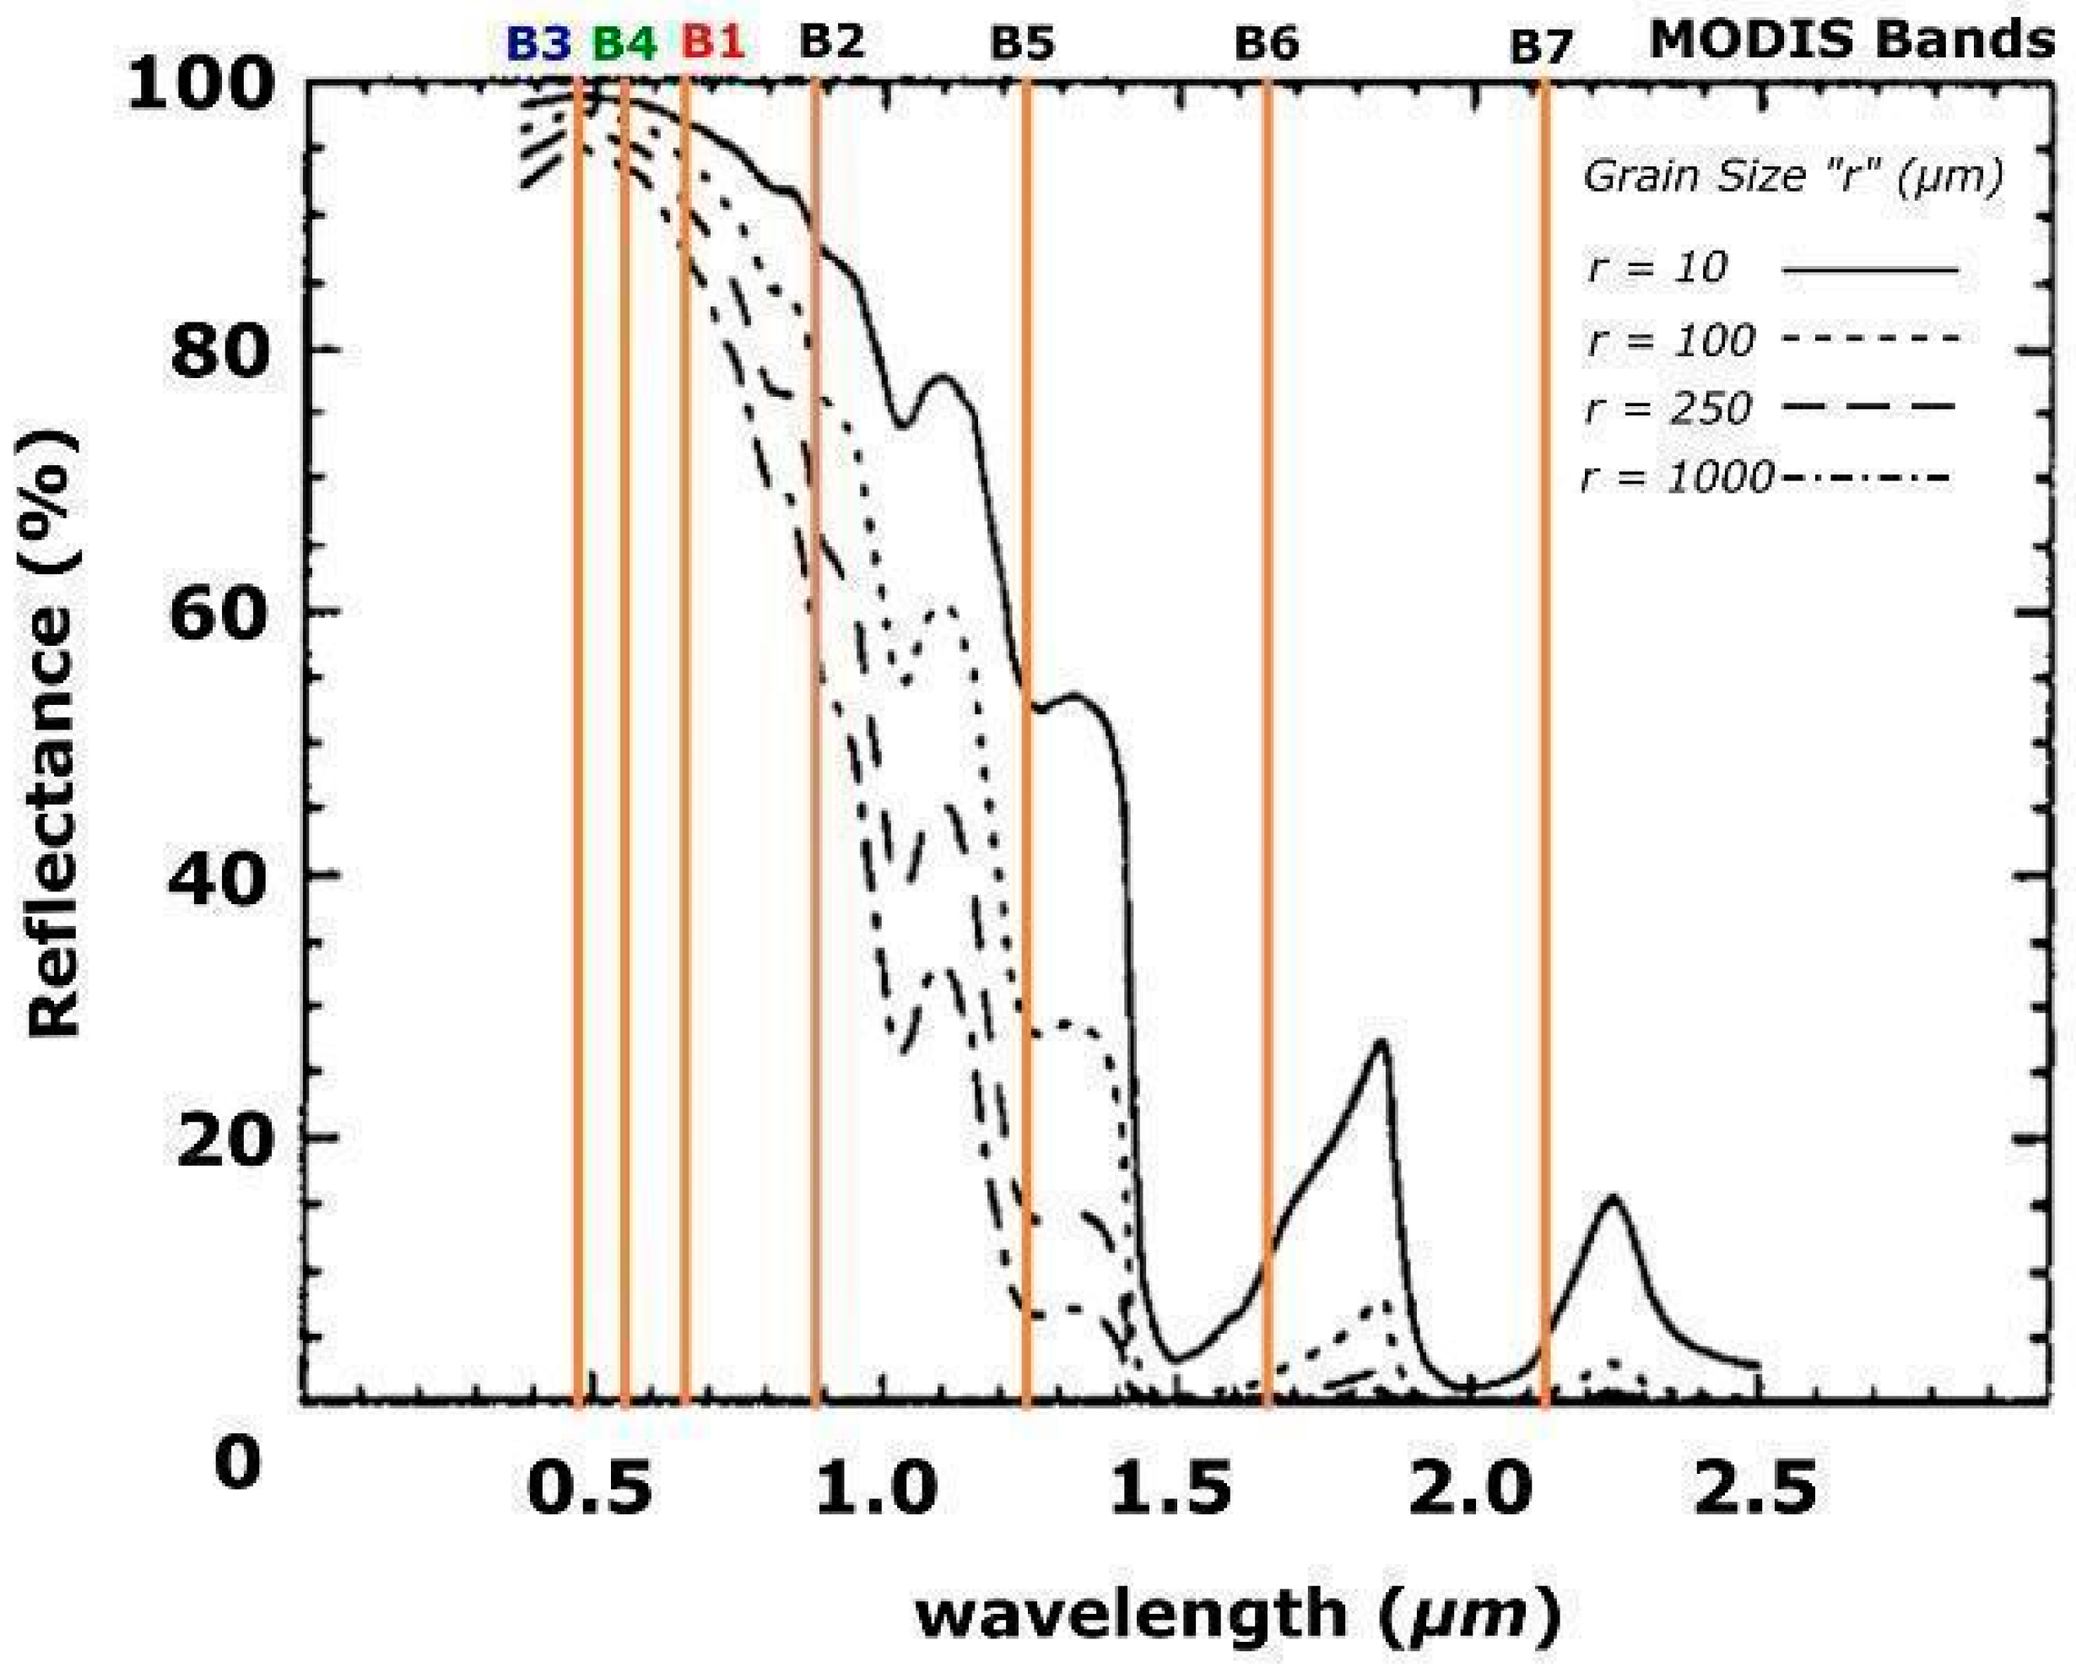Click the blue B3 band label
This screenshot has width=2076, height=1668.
click(x=539, y=43)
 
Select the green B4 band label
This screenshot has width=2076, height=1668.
click(x=624, y=43)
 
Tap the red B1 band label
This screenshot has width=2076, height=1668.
click(x=713, y=43)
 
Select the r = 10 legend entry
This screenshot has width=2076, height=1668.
click(x=1657, y=268)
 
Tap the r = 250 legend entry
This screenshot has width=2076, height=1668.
click(x=1667, y=409)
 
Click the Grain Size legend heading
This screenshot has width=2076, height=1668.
click(x=1793, y=178)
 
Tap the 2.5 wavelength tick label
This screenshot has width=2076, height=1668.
click(x=1757, y=1486)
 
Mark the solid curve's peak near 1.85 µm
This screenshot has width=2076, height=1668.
click(x=1382, y=1041)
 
